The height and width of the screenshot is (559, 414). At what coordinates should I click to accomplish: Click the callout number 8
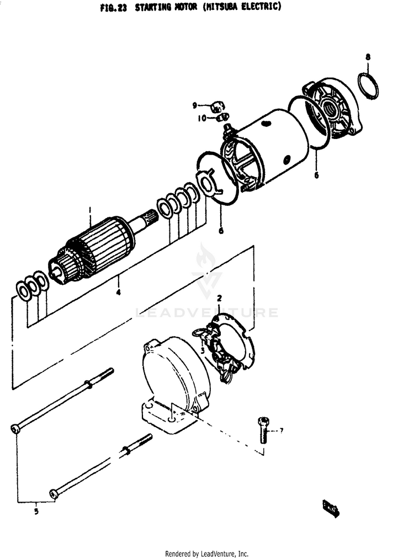click(x=368, y=57)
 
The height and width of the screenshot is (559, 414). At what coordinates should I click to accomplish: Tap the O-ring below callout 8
click(x=368, y=85)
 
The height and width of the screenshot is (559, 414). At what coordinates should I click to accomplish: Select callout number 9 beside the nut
click(x=194, y=105)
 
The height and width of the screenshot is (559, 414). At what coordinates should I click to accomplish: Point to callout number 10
click(x=202, y=118)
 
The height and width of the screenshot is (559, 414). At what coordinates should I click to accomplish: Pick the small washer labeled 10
click(x=222, y=117)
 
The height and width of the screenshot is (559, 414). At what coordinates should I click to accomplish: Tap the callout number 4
click(x=118, y=292)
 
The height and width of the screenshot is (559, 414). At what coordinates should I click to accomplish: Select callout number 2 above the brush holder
click(x=219, y=299)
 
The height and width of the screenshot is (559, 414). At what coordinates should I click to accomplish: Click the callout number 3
click(x=203, y=350)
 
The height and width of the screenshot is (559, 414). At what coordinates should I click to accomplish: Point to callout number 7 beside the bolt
click(x=281, y=430)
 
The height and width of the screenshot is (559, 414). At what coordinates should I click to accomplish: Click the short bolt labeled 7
click(x=263, y=429)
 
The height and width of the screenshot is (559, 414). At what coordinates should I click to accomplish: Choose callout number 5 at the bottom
click(x=36, y=511)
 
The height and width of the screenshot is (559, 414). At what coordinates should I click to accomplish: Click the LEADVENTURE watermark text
click(x=206, y=313)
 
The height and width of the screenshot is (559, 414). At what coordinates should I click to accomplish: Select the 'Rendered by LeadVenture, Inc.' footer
click(x=206, y=553)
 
